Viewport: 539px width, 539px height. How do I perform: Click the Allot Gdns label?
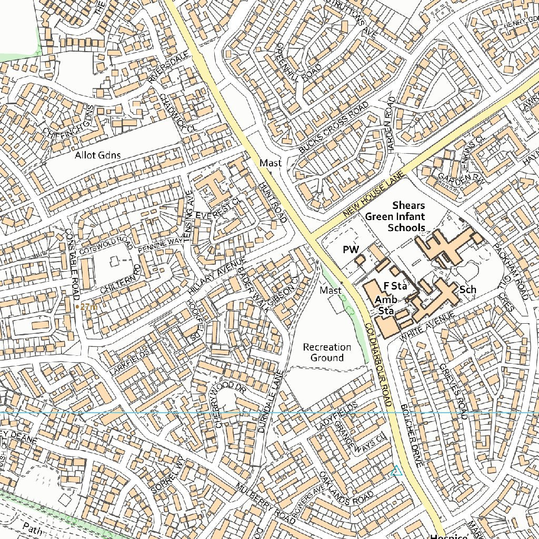point(98,155)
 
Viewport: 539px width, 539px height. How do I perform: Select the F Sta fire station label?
point(395,286)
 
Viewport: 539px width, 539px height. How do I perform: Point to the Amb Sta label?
point(386,305)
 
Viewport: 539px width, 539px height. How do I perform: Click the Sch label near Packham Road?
point(467,290)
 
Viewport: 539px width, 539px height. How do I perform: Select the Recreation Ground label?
point(327,352)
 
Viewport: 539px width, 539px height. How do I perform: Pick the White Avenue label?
point(426,326)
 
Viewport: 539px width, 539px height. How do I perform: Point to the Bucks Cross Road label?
point(333,128)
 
